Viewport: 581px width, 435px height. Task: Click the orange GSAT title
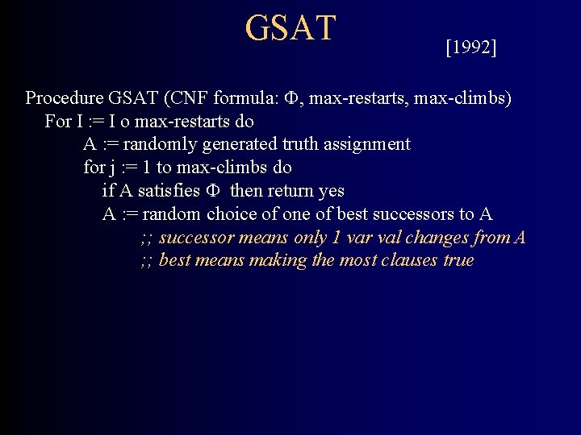point(290,27)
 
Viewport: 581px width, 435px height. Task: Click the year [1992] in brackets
point(470,48)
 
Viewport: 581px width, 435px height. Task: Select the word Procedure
point(64,99)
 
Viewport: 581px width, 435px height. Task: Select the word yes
point(331,192)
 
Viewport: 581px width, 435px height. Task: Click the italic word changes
point(440,238)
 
